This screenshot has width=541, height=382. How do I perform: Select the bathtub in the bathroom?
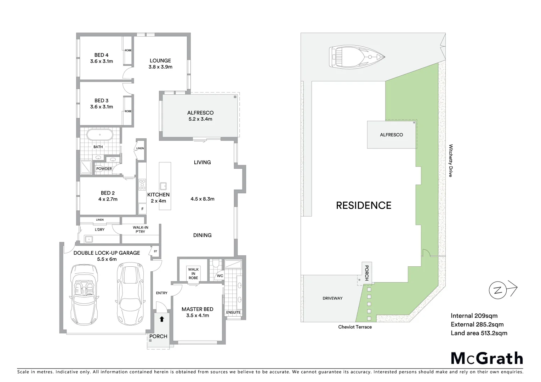point(100,135)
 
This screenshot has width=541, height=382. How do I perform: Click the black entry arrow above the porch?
point(162,319)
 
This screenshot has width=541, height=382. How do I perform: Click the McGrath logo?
point(487,358)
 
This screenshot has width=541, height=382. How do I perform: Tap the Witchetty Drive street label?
point(451,160)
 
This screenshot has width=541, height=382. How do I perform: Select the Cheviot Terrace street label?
point(355,327)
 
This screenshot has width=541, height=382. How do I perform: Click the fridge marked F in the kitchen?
point(142,209)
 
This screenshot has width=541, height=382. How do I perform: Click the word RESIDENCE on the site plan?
point(364,206)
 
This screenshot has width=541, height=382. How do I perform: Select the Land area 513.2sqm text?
point(479,333)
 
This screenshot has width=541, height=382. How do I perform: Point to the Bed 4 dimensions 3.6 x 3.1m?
point(102,61)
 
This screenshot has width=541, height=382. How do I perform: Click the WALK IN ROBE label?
point(193,273)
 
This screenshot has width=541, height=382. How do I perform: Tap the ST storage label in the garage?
point(155,251)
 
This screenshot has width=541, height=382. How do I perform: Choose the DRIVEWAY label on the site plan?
point(332,298)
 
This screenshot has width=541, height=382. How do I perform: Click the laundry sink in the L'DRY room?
point(88,239)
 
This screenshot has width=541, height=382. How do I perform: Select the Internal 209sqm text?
point(474,316)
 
